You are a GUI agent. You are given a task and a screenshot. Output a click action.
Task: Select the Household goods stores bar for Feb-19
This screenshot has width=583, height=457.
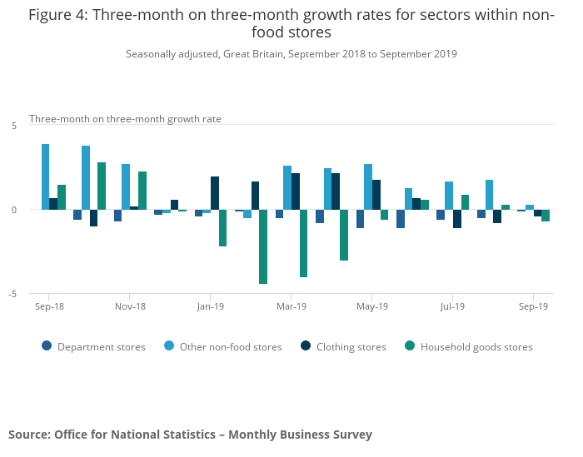(263, 246)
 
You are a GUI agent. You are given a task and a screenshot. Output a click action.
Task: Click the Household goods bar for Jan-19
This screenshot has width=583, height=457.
(222, 227)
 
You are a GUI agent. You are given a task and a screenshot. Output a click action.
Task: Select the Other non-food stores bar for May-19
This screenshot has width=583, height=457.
(368, 186)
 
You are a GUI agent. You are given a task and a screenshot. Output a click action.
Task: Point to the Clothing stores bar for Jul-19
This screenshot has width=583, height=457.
(456, 218)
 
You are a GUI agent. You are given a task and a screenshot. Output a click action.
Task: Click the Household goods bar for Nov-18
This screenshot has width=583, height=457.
(142, 191)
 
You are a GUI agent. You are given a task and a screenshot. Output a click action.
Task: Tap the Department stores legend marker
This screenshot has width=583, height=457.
(47, 346)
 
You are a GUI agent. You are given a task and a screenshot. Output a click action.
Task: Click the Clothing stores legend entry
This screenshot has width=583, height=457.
(346, 347)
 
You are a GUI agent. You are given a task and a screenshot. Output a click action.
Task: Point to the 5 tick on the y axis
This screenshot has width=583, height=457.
(13, 125)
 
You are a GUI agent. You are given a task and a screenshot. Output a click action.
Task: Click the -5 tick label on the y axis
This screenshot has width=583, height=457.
(12, 294)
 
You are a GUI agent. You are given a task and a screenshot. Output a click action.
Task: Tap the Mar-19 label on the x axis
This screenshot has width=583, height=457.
(291, 306)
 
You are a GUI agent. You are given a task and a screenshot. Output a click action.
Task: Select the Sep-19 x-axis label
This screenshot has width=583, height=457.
(533, 306)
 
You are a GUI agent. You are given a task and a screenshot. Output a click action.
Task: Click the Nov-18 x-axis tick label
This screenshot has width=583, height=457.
(130, 306)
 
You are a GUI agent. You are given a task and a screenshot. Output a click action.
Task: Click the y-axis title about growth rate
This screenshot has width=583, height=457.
(125, 119)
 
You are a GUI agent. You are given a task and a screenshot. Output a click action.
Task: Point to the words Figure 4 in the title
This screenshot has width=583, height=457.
(57, 14)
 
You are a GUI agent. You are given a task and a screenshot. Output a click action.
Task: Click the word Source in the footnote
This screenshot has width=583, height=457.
(28, 435)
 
